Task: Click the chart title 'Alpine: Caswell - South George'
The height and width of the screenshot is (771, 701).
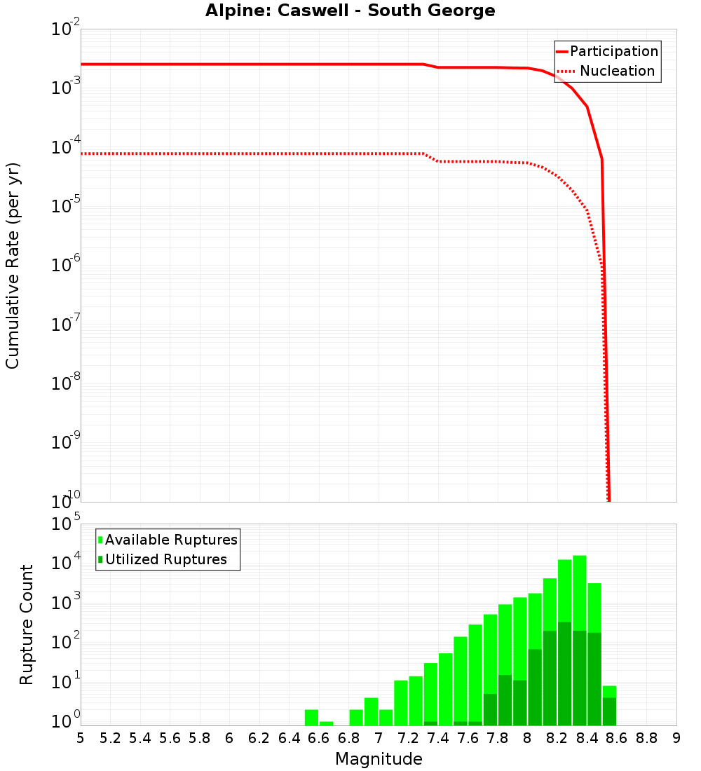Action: click(x=350, y=11)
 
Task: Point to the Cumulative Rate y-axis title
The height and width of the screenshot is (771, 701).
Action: click(x=13, y=266)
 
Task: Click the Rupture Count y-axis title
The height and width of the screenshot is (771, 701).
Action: click(x=27, y=625)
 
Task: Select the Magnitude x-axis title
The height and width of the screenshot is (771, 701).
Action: click(x=379, y=759)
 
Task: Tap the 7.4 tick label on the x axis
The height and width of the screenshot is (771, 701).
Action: click(x=437, y=738)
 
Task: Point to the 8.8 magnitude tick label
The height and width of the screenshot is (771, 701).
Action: click(x=646, y=738)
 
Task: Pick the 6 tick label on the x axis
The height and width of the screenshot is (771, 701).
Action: click(x=229, y=738)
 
